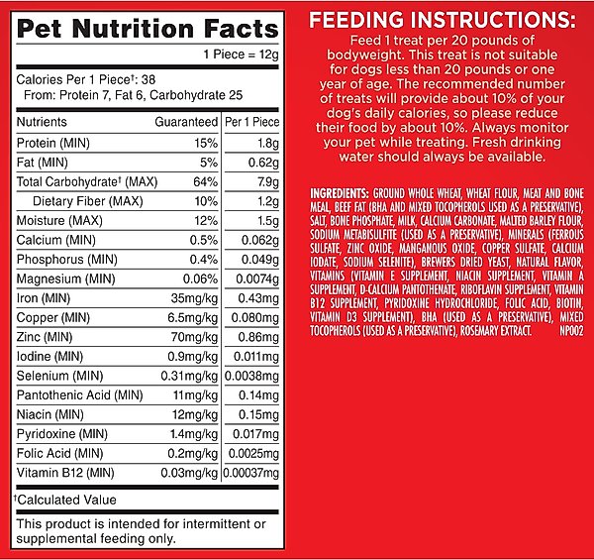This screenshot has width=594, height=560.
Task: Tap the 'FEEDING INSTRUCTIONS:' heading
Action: (442, 20)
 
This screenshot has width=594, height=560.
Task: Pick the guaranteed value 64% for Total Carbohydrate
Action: (205, 182)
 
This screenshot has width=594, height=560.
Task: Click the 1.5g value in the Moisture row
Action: (263, 220)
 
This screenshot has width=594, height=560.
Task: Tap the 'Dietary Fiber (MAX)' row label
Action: (88, 201)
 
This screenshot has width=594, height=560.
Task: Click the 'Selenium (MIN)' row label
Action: (58, 375)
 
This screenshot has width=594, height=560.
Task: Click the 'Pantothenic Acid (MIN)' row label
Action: (79, 394)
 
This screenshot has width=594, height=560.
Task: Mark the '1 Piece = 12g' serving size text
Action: (241, 55)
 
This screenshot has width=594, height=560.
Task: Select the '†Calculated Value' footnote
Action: (64, 500)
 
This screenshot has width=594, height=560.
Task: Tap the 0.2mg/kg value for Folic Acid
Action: (194, 452)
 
